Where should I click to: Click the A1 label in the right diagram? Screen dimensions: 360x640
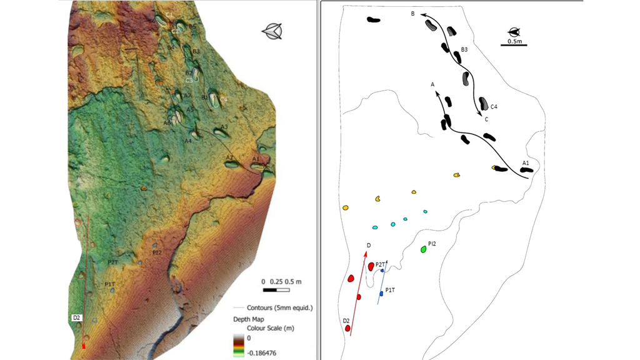(x=526, y=163)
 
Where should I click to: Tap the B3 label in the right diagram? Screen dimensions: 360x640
(x=464, y=49)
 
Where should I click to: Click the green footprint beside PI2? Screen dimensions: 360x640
(x=424, y=249)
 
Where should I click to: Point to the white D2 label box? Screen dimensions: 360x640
(x=76, y=318)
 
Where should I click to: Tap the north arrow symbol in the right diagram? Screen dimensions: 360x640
(x=514, y=31)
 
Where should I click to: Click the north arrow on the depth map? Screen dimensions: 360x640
(x=272, y=31)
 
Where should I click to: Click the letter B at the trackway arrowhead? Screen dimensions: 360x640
(x=413, y=13)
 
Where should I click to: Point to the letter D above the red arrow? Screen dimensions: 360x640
(x=369, y=245)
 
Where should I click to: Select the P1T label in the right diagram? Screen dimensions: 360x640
(x=390, y=290)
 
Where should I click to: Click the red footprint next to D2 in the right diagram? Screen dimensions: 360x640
(x=348, y=328)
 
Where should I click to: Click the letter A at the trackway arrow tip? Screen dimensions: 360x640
(x=432, y=84)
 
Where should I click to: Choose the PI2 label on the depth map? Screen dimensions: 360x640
(x=157, y=252)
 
